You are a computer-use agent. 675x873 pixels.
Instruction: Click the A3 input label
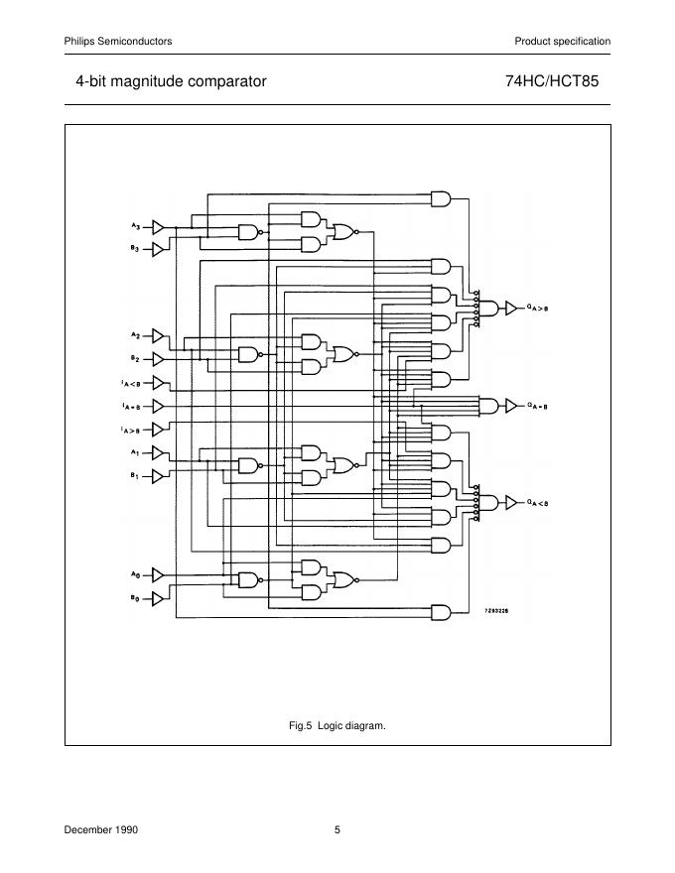[135, 227]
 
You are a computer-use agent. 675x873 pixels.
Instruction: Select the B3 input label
[135, 248]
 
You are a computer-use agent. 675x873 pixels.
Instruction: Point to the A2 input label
[135, 335]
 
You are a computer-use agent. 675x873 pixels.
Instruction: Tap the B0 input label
[135, 597]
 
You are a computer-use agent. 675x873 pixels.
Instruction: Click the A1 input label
[135, 452]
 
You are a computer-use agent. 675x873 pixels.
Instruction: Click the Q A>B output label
[537, 309]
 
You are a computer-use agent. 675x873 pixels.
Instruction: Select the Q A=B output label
[537, 405]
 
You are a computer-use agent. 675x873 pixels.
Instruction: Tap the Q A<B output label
[537, 503]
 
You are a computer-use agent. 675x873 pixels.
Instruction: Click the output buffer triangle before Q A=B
[511, 405]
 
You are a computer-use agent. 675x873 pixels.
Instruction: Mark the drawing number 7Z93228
[497, 613]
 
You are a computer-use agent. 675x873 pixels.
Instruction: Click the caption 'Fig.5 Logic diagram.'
[337, 725]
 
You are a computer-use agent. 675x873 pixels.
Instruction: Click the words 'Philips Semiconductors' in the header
[118, 41]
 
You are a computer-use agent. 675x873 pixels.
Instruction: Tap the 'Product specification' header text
[562, 41]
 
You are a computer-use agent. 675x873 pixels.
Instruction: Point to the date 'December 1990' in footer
[101, 829]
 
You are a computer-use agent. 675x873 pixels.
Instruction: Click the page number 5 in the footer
[337, 829]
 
